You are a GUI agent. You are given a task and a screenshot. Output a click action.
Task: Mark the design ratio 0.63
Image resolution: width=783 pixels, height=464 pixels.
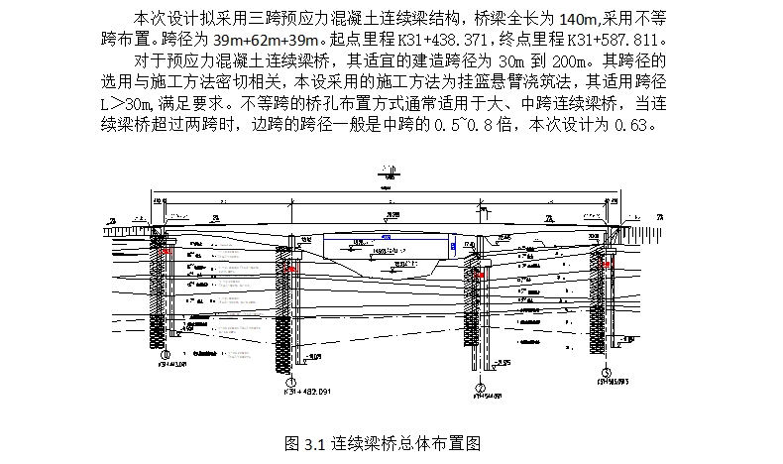click(x=630, y=126)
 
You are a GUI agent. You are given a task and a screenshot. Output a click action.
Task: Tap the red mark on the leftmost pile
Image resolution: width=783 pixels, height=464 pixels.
click(x=168, y=252)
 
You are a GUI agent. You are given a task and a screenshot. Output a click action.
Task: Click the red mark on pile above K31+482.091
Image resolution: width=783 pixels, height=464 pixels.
click(x=289, y=268)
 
